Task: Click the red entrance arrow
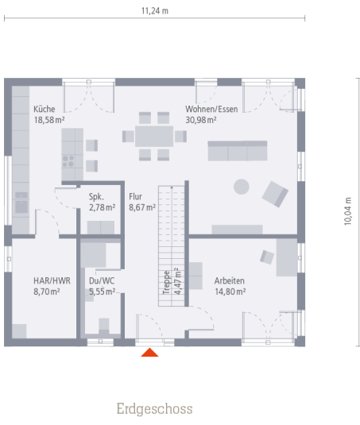[x=149, y=353]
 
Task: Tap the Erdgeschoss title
[x=154, y=409]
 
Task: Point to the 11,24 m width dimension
[x=155, y=11]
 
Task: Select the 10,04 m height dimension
[x=348, y=211]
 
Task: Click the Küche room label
[x=45, y=109]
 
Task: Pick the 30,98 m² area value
[x=201, y=120]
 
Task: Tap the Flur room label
[x=135, y=196]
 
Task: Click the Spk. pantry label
[x=96, y=196]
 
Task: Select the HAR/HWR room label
[x=52, y=280]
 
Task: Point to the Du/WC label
[x=102, y=280]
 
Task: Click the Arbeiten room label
[x=230, y=280]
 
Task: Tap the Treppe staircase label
[x=166, y=283]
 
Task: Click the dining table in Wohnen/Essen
[x=154, y=136]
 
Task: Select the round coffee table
[x=242, y=187]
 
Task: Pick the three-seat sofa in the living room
[x=238, y=151]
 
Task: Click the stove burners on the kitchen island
[x=68, y=161]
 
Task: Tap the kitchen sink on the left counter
[x=21, y=203]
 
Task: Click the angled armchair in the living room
[x=275, y=194]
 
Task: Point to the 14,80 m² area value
[x=230, y=292]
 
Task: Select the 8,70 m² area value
[x=47, y=292]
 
